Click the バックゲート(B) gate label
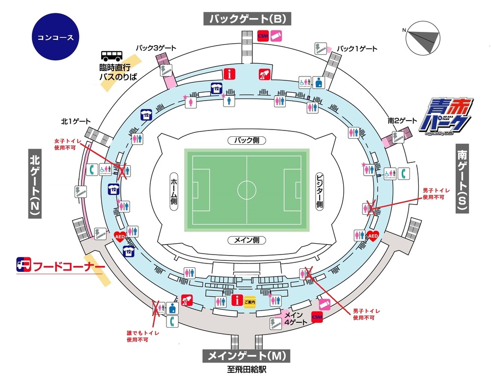point(247,19)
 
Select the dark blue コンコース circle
point(55,37)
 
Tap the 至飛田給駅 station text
point(246,370)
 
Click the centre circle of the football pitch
point(246,189)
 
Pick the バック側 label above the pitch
point(246,140)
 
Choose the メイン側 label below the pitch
point(246,240)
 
